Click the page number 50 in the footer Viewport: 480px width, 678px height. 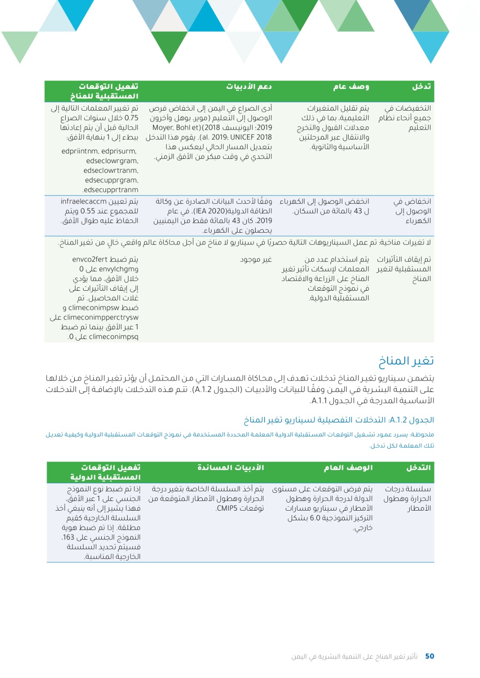point(429,656)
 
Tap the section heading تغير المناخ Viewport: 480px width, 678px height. point(406,361)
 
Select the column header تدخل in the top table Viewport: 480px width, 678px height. point(421,86)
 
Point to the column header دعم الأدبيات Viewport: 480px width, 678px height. point(249,86)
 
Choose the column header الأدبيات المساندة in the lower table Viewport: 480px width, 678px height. point(231,467)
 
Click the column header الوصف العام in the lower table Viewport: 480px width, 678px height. point(348,467)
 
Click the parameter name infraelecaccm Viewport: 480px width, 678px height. point(84,201)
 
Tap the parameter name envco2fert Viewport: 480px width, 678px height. point(90,259)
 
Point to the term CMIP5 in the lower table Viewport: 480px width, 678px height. point(229,508)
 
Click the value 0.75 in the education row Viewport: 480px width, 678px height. point(131,118)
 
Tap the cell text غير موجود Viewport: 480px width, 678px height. point(256,259)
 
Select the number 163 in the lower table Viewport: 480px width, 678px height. point(69,537)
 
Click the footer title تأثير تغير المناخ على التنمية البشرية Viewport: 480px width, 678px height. point(354,656)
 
